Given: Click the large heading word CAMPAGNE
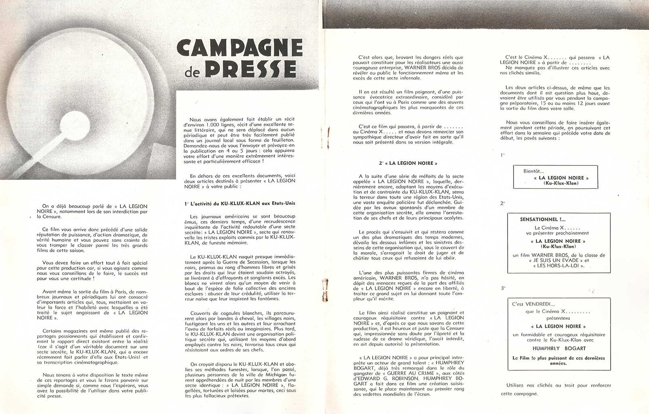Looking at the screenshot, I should point(240,48).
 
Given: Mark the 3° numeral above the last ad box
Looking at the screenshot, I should point(503,288).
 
